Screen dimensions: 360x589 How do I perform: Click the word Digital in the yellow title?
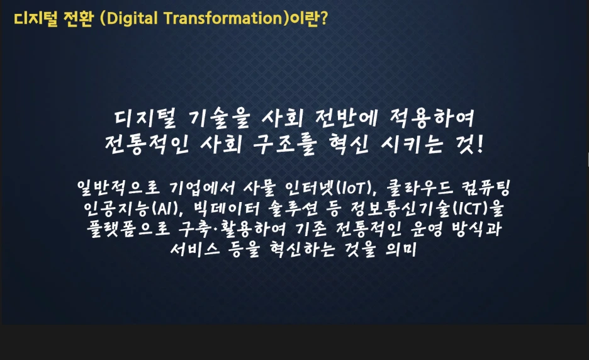click(133, 19)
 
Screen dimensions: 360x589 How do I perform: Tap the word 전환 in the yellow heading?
click(78, 19)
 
